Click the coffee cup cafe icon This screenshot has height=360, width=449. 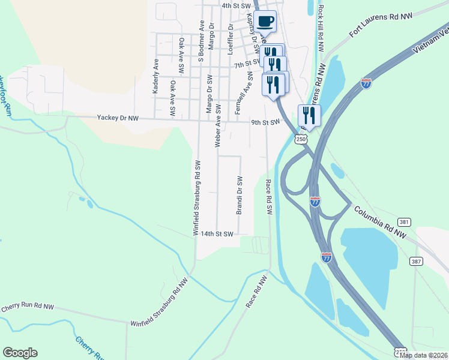point(265,22)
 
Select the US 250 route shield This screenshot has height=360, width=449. point(301,139)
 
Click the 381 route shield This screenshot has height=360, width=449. point(405,222)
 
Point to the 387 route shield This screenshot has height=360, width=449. point(416,261)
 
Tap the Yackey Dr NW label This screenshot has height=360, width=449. point(118,119)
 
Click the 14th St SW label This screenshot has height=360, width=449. point(216,234)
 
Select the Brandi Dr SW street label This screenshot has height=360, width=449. point(239,195)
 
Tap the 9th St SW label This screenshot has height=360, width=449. point(265,122)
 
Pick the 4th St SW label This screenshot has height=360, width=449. point(235,5)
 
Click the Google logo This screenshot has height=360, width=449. point(20,353)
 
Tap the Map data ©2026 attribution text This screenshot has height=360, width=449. point(423,355)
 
